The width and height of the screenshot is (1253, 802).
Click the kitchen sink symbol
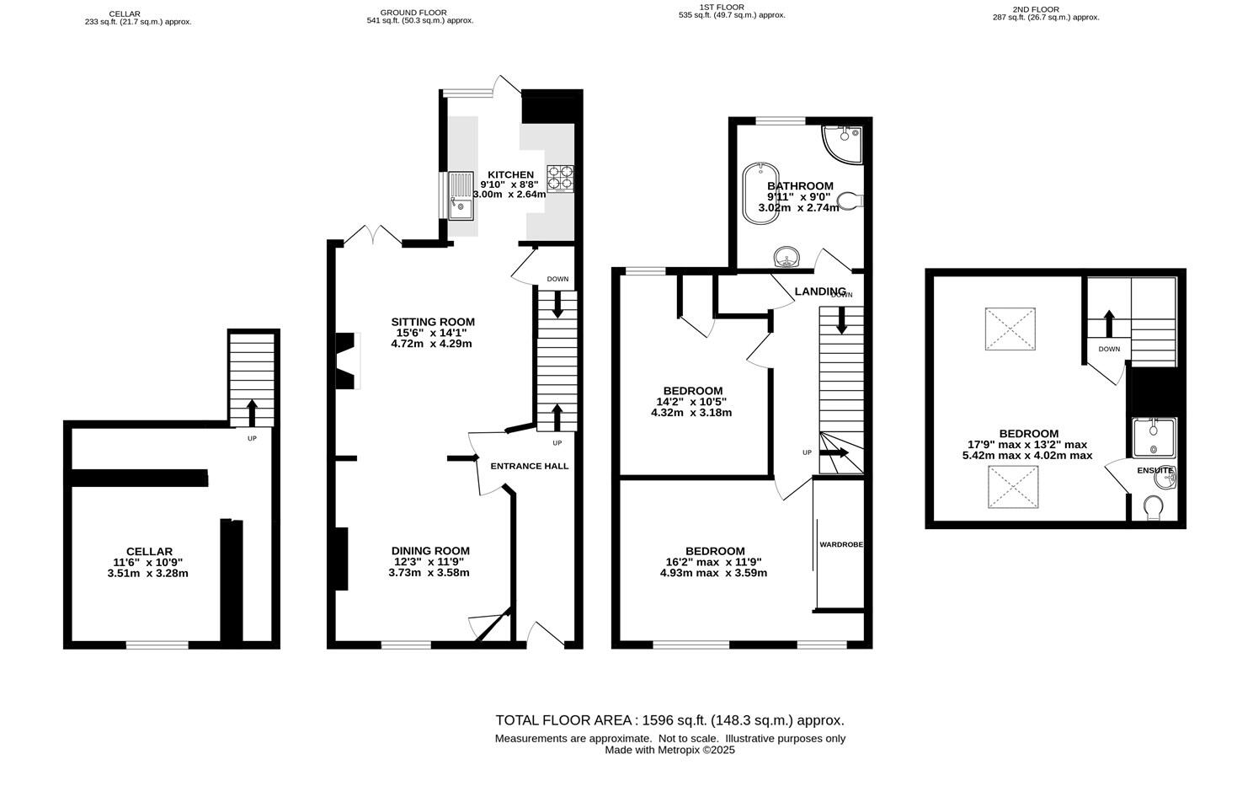pos(461,195)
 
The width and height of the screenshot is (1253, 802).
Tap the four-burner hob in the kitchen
pos(561,179)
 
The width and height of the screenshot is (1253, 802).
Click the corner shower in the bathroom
pos(845,142)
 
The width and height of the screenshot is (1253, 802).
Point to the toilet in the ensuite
pos(1153,508)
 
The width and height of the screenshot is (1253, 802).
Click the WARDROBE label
pos(841,545)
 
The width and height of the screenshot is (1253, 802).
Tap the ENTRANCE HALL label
pos(529,466)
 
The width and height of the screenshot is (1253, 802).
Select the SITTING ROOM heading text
pos(433,322)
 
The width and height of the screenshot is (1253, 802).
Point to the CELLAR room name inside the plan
pos(149,552)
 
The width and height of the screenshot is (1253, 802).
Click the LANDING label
pos(819,291)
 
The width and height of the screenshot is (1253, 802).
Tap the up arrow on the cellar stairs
pos(252,413)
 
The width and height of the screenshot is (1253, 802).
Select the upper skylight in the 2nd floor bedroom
pos(1010,329)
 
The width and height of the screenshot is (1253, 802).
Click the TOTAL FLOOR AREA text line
pos(669,720)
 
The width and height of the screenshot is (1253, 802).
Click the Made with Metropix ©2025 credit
pos(669,750)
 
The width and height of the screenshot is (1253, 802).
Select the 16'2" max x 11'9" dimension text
pos(714,562)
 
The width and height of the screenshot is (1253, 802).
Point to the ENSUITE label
pos(1154,471)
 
